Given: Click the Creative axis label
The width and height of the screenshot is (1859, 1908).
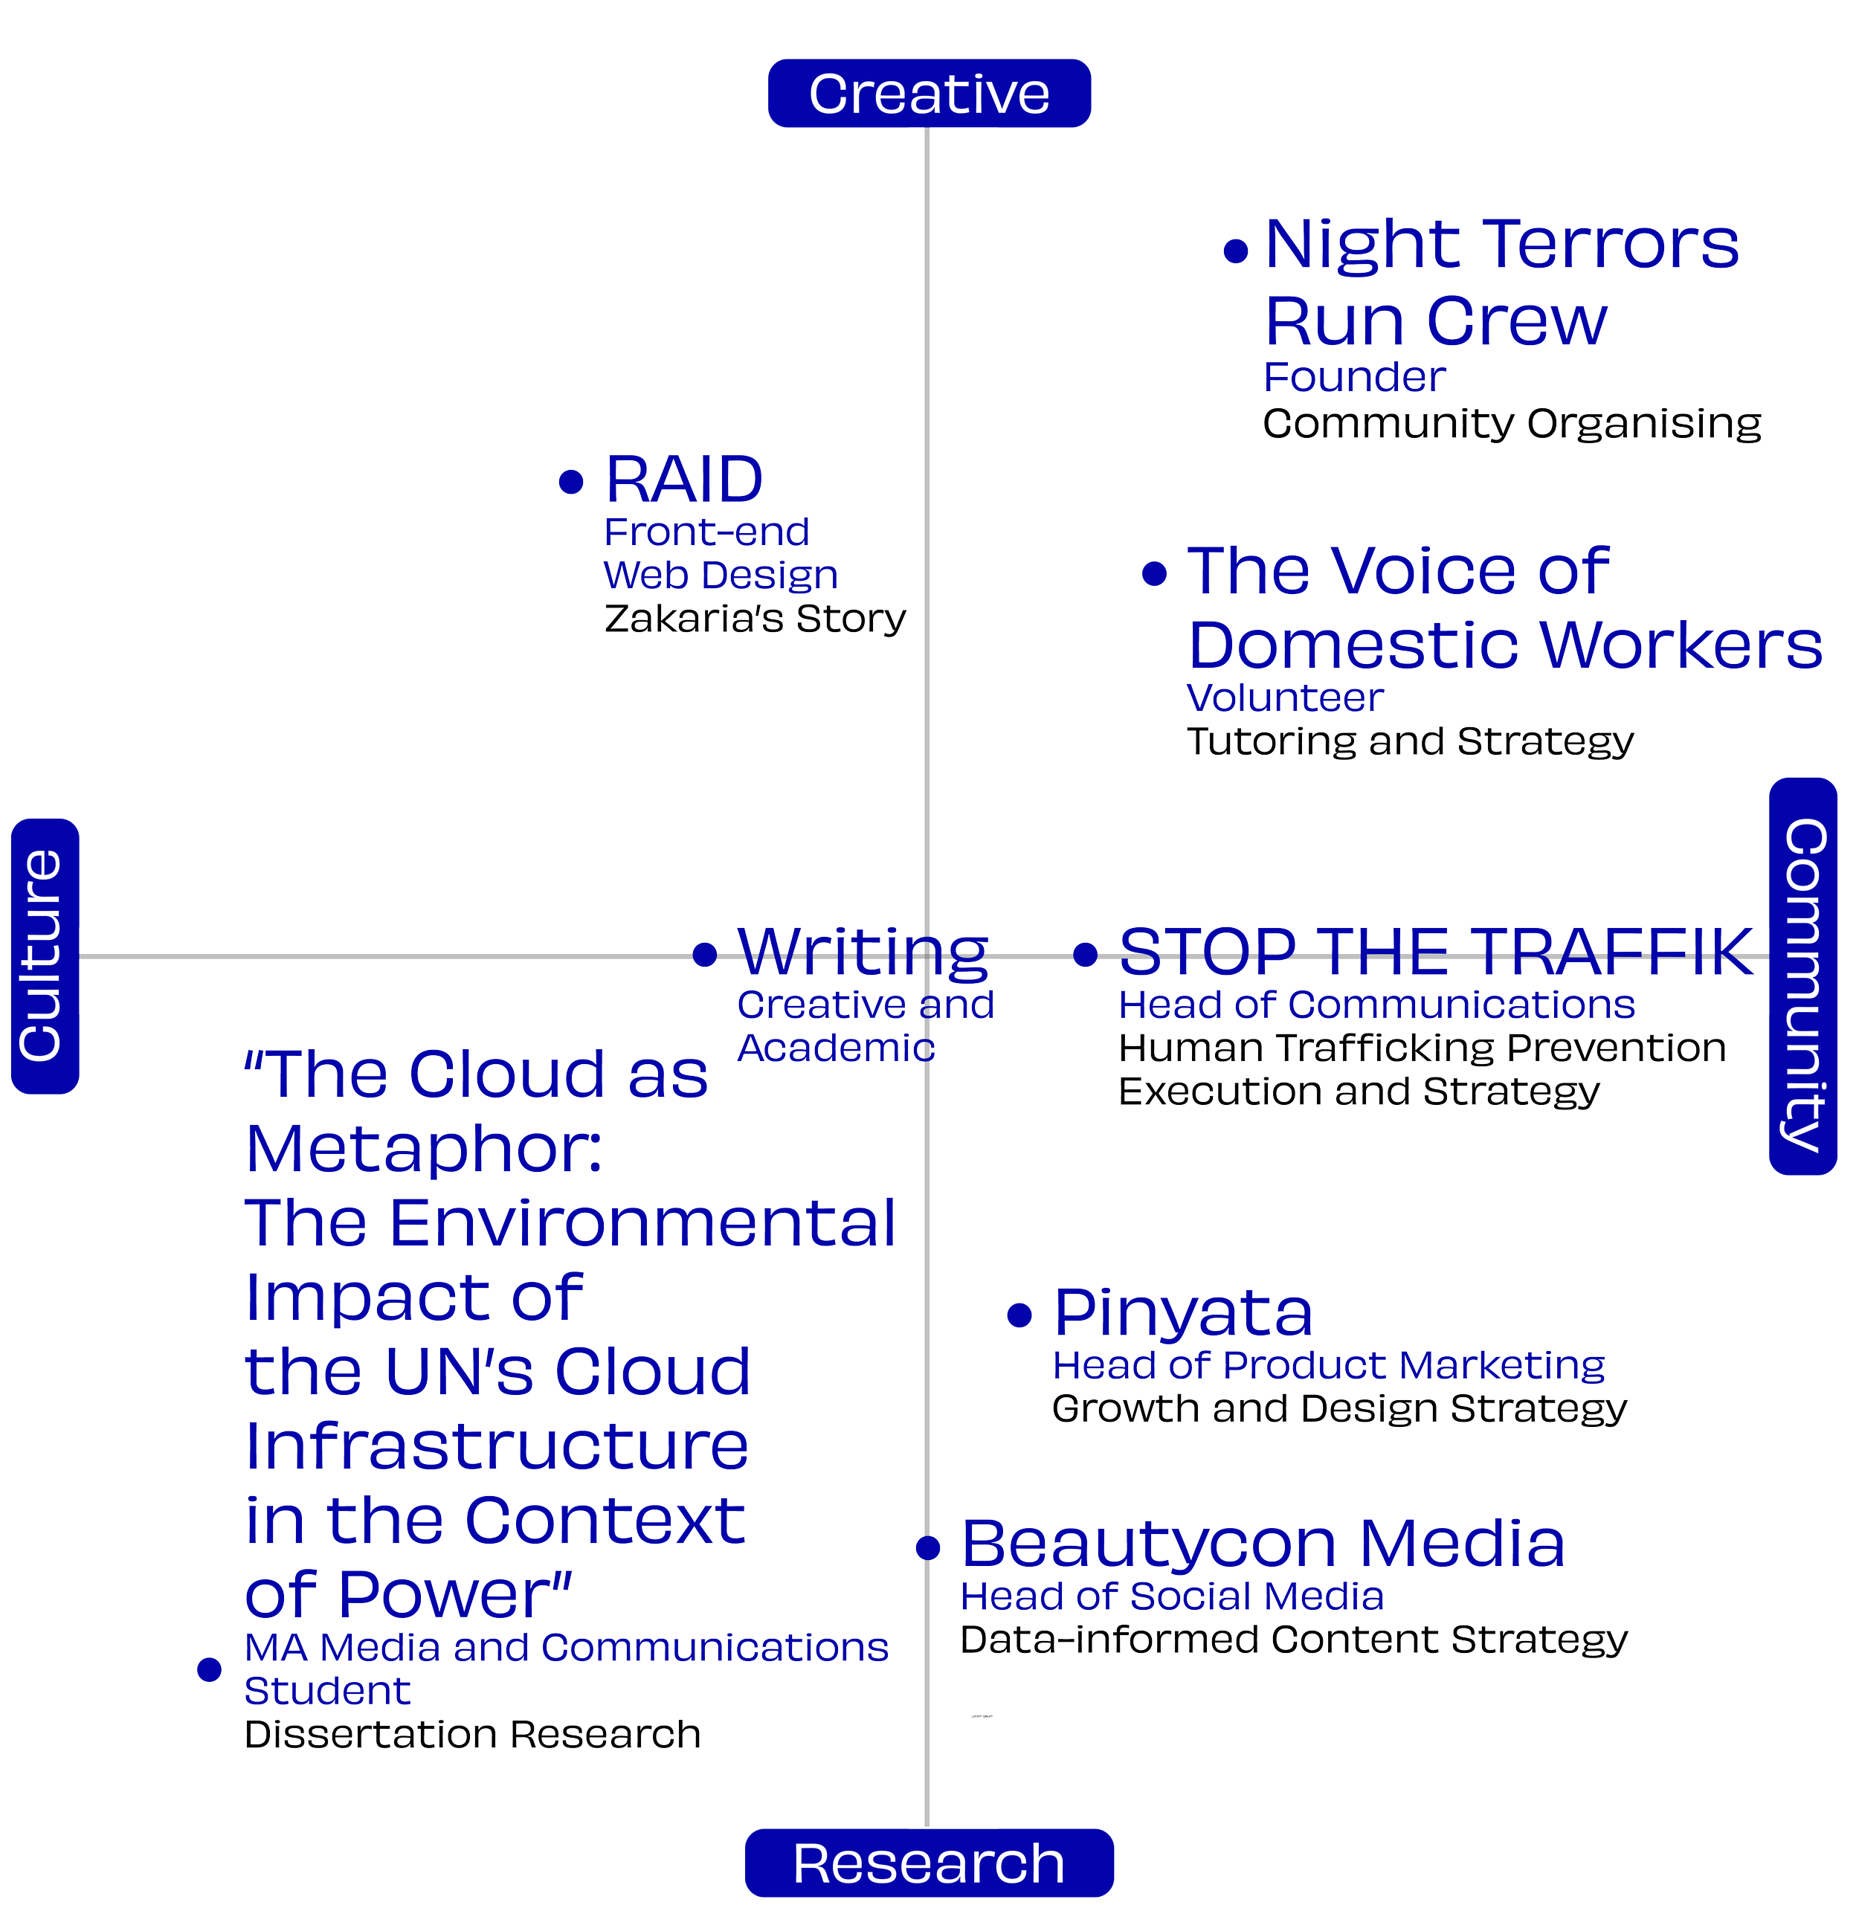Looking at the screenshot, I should (x=929, y=94).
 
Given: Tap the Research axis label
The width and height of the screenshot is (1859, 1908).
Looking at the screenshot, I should (x=929, y=1863).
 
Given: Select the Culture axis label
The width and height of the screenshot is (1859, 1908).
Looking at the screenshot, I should (x=44, y=956).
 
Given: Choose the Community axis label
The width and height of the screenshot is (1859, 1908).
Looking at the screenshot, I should (x=1803, y=976).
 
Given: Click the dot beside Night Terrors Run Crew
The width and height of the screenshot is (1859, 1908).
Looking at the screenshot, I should (x=1236, y=251).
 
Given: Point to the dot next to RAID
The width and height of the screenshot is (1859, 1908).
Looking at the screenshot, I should (x=571, y=481).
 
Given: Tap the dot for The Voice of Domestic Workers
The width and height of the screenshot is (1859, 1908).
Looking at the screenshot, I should (x=1154, y=573).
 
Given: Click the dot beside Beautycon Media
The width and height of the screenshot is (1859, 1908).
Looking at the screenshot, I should (x=927, y=1547).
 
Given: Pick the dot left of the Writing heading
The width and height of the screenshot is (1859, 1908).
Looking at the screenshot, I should (x=704, y=954).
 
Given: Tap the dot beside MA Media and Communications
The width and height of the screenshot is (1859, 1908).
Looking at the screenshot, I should (x=209, y=1670).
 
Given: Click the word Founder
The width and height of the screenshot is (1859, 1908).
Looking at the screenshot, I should (x=1354, y=377).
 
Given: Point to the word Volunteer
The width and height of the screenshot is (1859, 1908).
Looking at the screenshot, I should (x=1285, y=698).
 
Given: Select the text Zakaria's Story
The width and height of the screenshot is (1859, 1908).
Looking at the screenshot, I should (x=755, y=618).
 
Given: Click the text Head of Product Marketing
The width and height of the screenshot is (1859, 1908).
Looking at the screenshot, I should (x=1328, y=1365).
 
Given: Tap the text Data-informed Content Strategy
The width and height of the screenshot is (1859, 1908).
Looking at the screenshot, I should (x=1294, y=1640).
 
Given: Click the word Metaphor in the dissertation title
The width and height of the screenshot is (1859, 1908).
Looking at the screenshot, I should (x=424, y=1150).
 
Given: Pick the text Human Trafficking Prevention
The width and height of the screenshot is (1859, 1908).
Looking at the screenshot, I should (x=1422, y=1048).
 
